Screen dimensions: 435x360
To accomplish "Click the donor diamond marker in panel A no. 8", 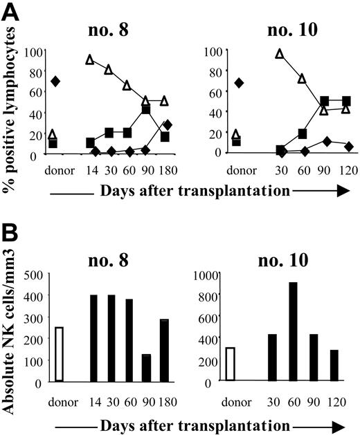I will click(x=55, y=82).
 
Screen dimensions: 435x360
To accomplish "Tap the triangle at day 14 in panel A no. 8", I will click(x=90, y=59).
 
